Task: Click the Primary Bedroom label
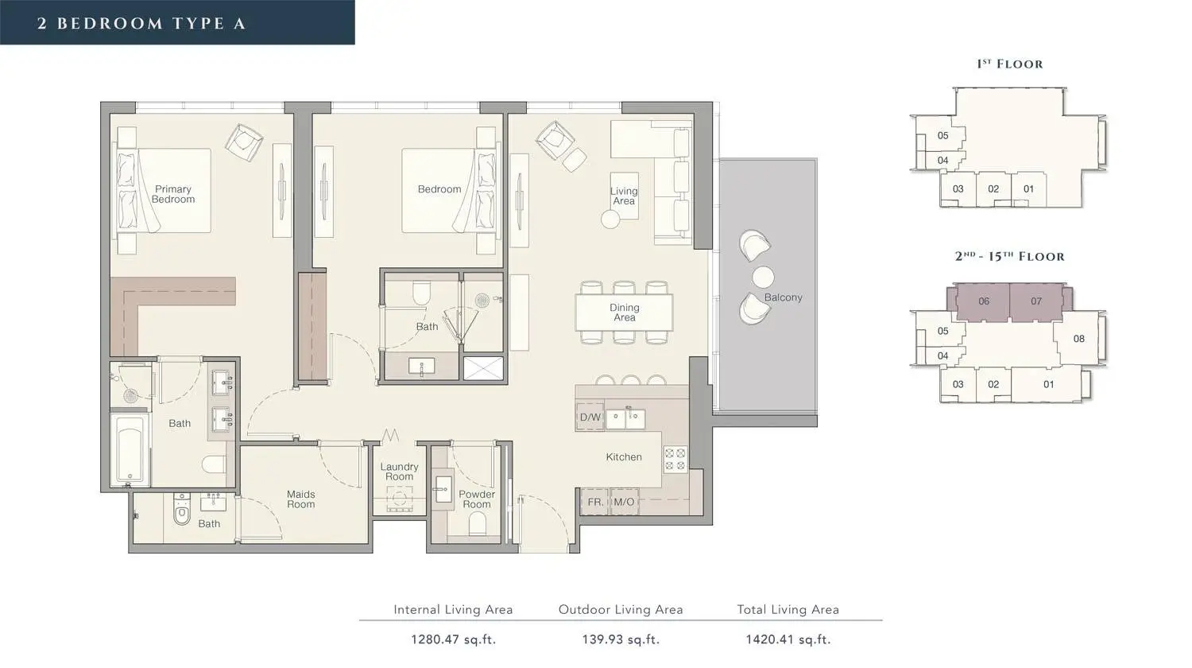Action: click(x=173, y=194)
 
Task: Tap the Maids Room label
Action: click(x=300, y=499)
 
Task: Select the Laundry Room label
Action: click(x=399, y=472)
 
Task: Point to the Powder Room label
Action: click(x=477, y=499)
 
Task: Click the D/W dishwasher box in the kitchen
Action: click(x=590, y=417)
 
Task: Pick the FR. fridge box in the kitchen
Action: click(x=595, y=502)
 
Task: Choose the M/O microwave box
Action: click(x=624, y=502)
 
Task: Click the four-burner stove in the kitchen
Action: click(x=675, y=459)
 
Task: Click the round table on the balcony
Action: click(x=763, y=277)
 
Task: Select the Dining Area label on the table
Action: click(x=624, y=313)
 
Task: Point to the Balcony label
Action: click(x=783, y=297)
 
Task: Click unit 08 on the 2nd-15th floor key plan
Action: click(x=1078, y=339)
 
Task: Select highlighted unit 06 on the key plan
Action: click(x=984, y=301)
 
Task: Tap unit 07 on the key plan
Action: click(x=1035, y=301)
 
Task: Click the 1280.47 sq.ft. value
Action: click(x=453, y=639)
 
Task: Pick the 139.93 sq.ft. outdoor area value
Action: click(x=621, y=639)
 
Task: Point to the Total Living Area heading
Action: click(x=788, y=609)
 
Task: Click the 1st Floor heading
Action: click(x=1009, y=64)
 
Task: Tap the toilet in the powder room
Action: click(x=478, y=523)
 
